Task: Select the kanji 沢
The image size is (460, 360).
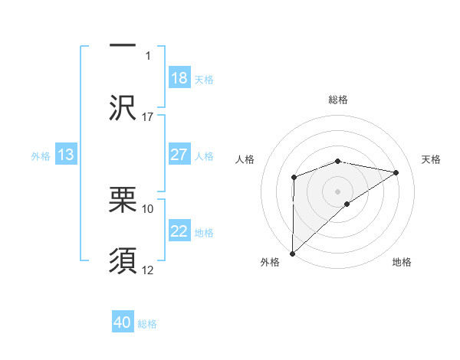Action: point(123,108)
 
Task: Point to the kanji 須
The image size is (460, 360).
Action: point(123,260)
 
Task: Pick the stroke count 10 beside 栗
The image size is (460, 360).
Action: point(148,208)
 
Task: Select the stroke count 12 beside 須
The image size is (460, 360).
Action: point(148,270)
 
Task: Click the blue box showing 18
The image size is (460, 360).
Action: point(179,78)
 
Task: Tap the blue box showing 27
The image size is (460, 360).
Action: point(179,155)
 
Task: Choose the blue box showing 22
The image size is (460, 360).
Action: point(179,231)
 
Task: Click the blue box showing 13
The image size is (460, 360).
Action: point(66,155)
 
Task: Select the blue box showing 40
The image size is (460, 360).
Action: point(123,323)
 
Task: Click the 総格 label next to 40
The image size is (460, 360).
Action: point(147,324)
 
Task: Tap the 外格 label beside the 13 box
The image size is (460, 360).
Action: point(41,155)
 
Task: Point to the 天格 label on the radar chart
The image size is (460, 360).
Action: point(432,159)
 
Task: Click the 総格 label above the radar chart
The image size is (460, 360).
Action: point(338,100)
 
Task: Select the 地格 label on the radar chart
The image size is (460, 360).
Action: point(402,263)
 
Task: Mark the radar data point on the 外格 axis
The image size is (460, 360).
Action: point(292,253)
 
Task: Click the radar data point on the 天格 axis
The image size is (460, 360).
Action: point(396,172)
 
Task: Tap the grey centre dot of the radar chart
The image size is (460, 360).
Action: point(338,191)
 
